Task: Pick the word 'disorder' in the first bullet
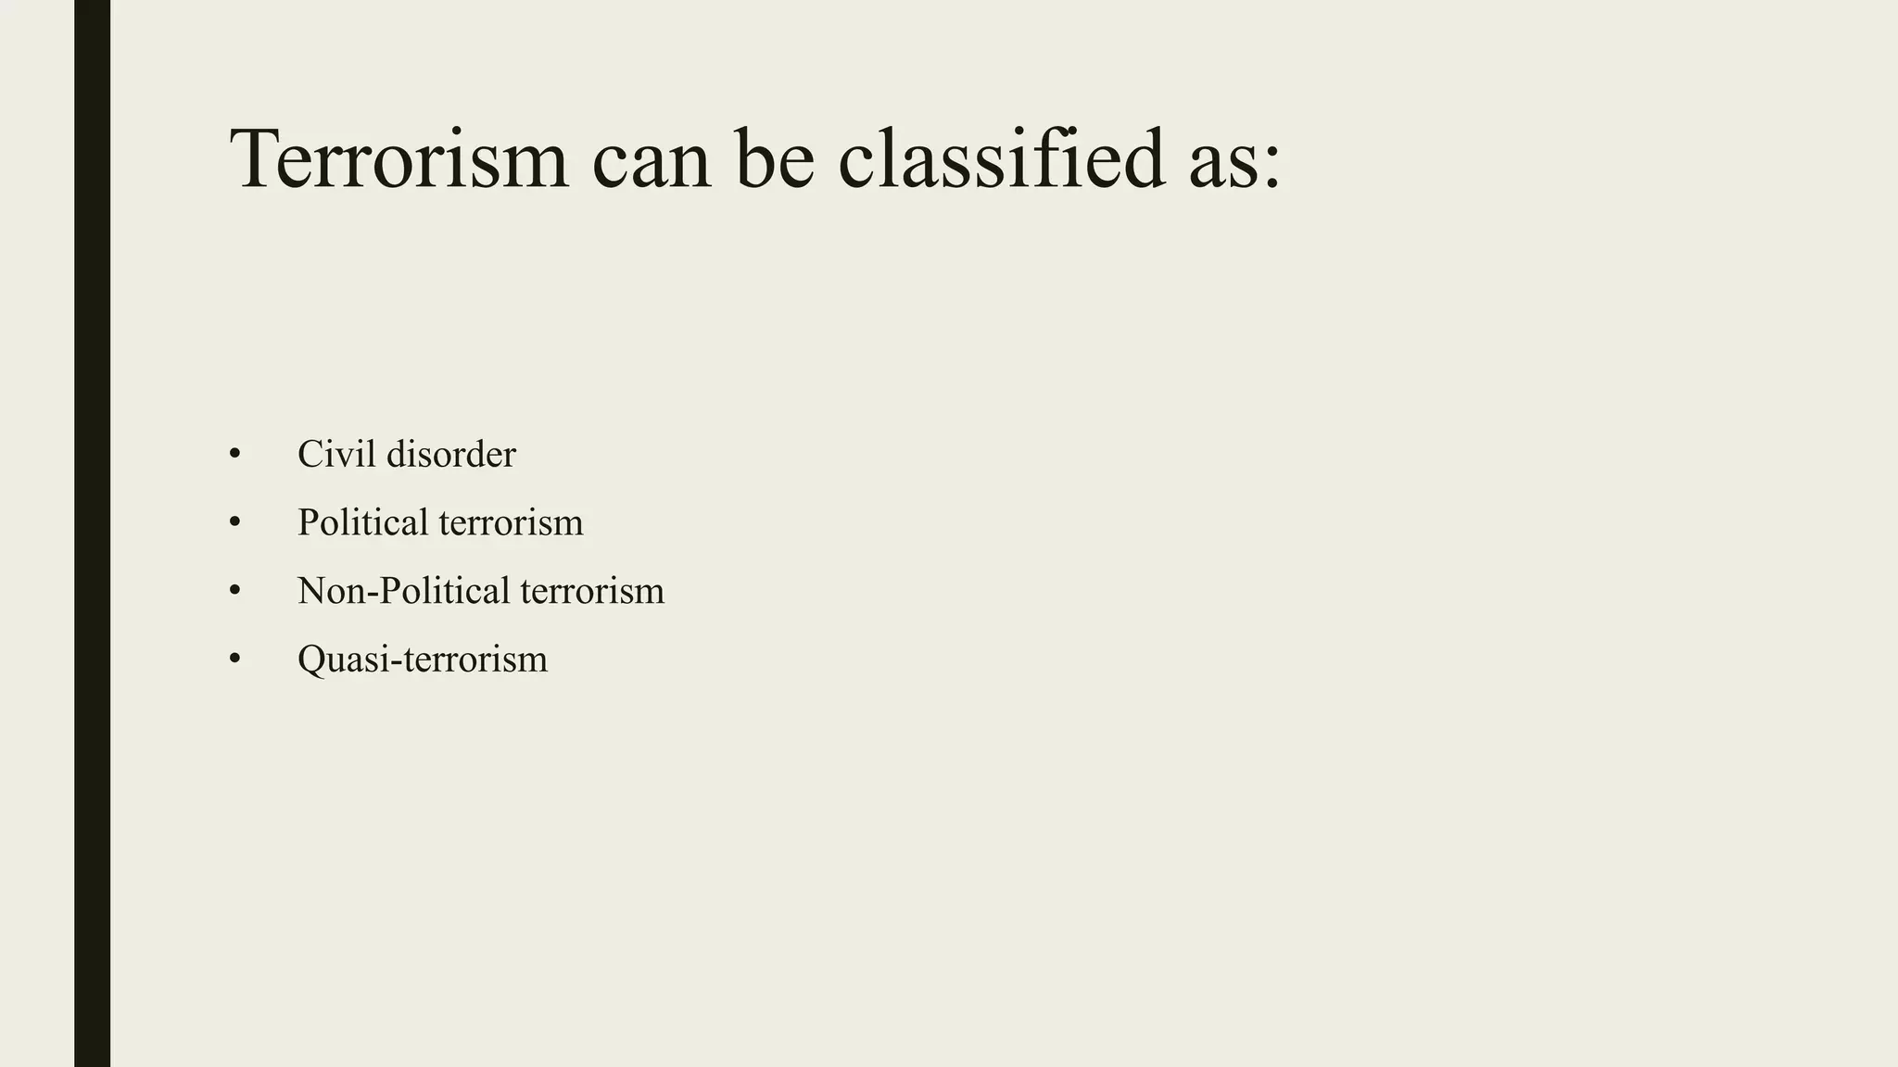tap(450, 454)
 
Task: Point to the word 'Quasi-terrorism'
tap(423, 659)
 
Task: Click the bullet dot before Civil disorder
tap(234, 454)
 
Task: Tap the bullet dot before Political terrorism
tap(234, 522)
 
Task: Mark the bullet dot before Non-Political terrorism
tap(234, 591)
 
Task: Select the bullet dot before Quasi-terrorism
tap(234, 659)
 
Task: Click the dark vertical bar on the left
tap(92, 533)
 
